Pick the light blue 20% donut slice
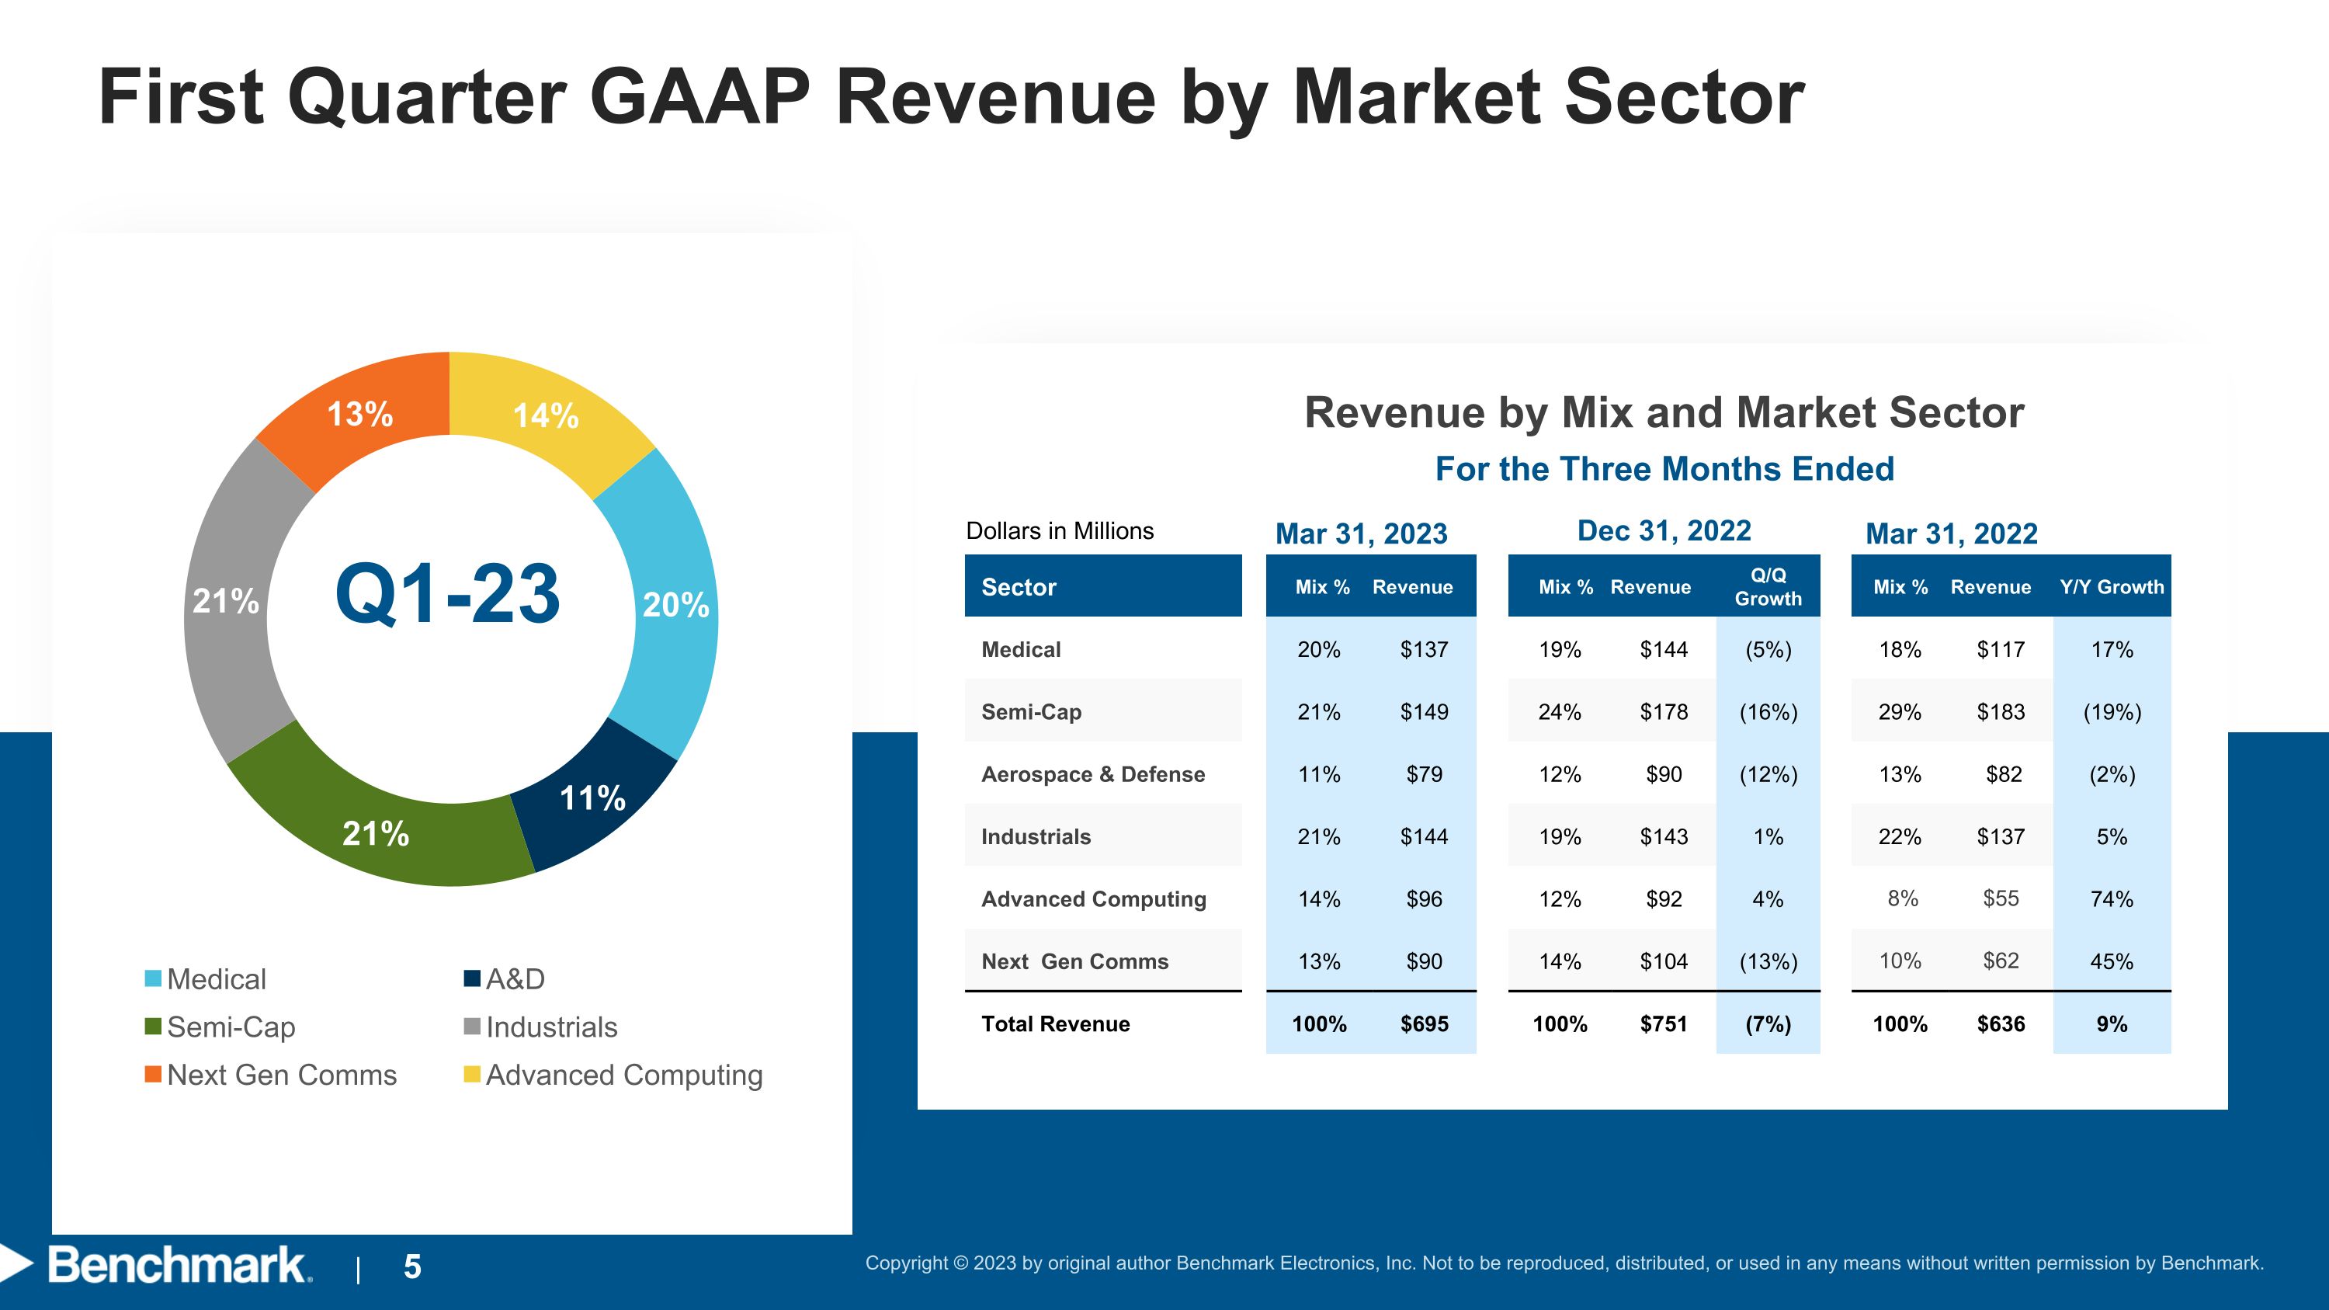(669, 604)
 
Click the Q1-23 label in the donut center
(447, 593)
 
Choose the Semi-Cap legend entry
(220, 1027)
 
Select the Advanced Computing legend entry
(613, 1075)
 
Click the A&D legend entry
(505, 979)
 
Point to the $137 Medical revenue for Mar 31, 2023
(1424, 649)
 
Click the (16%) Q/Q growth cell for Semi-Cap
(1768, 711)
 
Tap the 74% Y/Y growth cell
(2112, 898)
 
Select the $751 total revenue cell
(1664, 1023)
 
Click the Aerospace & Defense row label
(1093, 774)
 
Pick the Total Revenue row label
(1056, 1023)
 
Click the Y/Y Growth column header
(2112, 587)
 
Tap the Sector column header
(1019, 587)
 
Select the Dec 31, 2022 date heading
(1664, 530)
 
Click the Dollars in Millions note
(1060, 530)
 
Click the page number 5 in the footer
(412, 1267)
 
